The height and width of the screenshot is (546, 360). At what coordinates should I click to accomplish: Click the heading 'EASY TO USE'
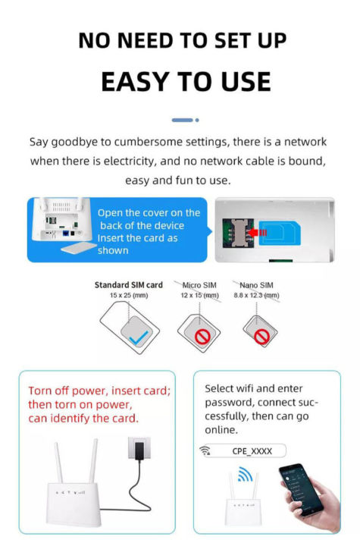[186, 81]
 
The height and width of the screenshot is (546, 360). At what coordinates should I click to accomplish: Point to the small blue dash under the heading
[182, 120]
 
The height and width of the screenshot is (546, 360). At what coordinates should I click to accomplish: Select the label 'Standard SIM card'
[128, 285]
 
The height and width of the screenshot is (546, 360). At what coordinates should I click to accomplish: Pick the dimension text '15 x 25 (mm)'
[128, 295]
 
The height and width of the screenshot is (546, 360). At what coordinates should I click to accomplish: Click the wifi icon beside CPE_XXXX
[205, 451]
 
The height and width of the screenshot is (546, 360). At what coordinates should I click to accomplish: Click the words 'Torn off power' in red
[61, 391]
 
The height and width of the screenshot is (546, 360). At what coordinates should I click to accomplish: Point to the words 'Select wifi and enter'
[254, 388]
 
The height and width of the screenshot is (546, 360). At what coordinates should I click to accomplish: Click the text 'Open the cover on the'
[149, 212]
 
